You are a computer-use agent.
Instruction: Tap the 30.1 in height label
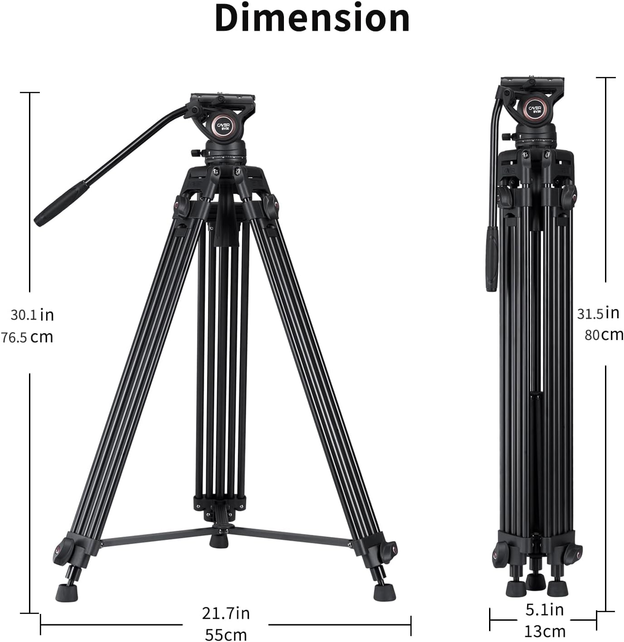coord(32,315)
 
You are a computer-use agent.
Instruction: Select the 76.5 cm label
coord(27,337)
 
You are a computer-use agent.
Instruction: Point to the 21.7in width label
coord(226,613)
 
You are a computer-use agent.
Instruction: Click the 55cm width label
coord(226,634)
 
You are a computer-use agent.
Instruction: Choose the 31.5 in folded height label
coord(598,313)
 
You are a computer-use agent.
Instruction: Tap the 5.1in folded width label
coord(544,610)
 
